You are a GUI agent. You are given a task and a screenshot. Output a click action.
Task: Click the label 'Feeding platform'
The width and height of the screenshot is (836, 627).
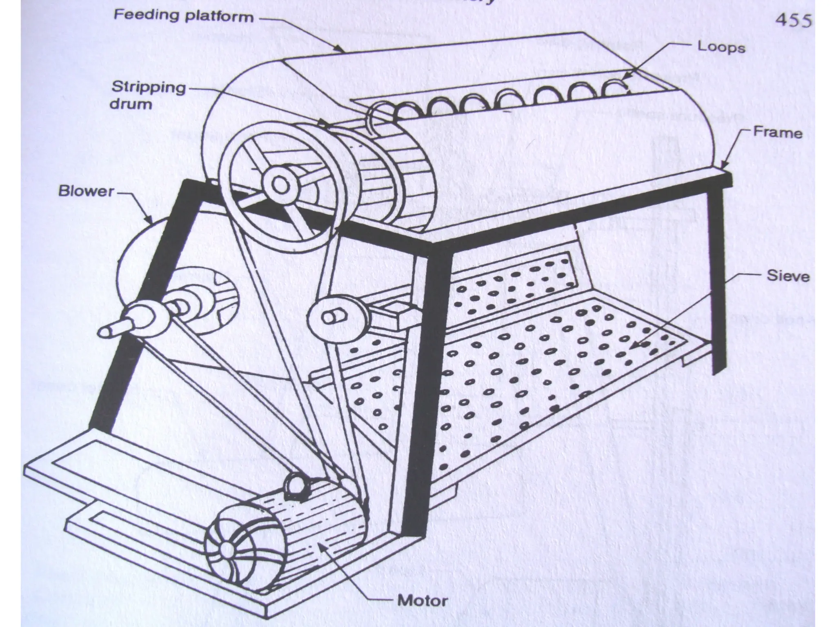tap(183, 17)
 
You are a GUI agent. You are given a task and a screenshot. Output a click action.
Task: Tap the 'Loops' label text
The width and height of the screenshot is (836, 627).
tap(721, 47)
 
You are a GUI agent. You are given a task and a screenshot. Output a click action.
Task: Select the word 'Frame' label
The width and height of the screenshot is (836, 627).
tap(778, 133)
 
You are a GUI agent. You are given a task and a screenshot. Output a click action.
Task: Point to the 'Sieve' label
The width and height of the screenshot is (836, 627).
tap(788, 276)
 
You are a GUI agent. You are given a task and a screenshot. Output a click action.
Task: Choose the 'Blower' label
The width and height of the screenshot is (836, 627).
tap(86, 191)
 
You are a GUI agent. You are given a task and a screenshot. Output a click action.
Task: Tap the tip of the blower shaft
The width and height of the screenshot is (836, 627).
tap(104, 331)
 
